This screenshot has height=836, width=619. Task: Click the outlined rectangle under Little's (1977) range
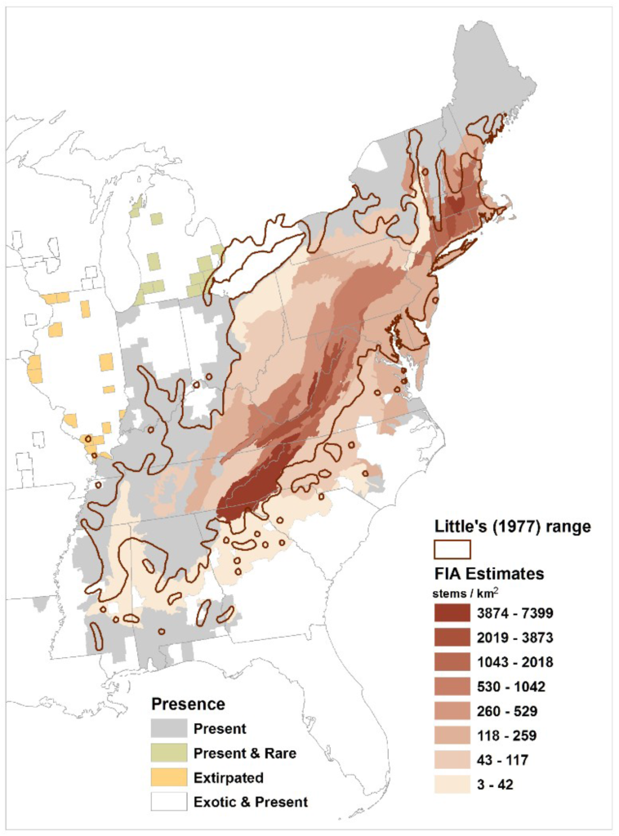451,549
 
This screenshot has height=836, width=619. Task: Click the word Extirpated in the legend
229,777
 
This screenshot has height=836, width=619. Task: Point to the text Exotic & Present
250,802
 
